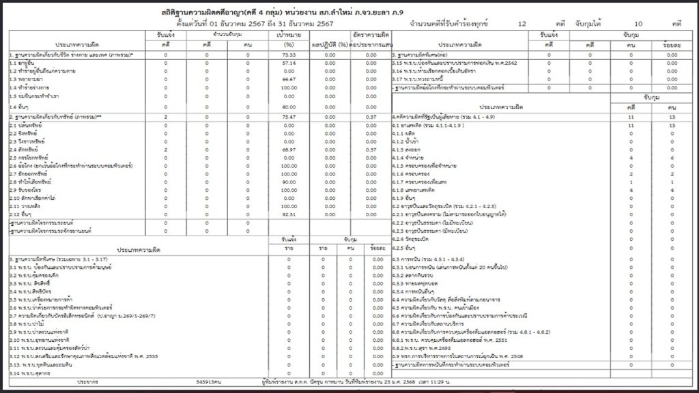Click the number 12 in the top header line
point(522,23)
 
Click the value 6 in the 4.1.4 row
point(672,157)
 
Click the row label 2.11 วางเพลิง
point(27,205)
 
